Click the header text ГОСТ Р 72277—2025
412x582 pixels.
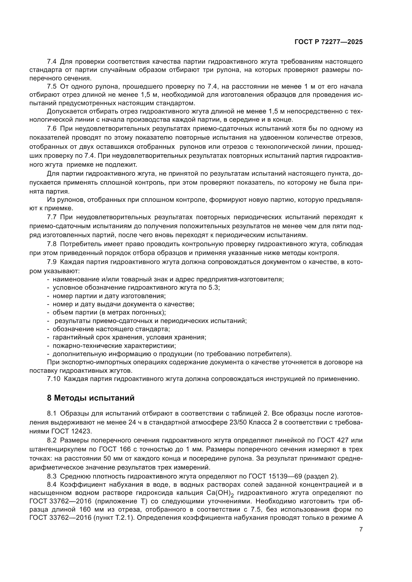click(x=329, y=42)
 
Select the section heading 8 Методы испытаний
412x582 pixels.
click(x=91, y=398)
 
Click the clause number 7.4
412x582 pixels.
click(x=52, y=62)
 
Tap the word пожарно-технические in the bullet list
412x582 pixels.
click(x=85, y=346)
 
